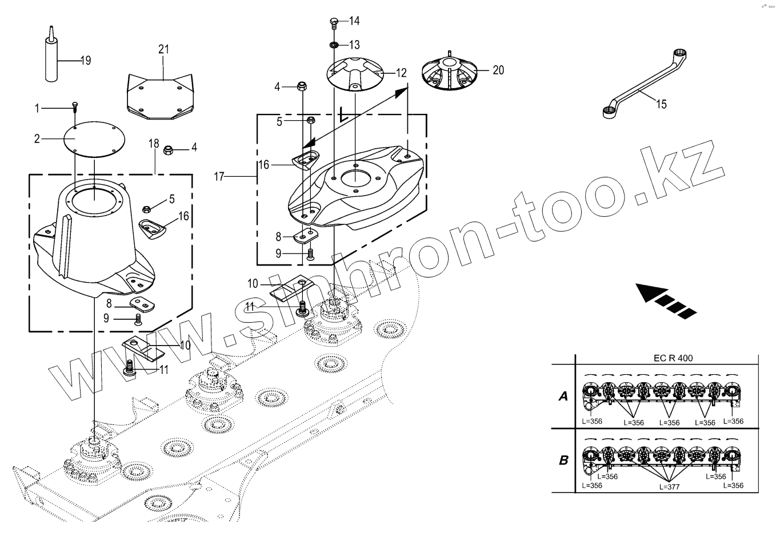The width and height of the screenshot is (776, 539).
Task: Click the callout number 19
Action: [x=85, y=60]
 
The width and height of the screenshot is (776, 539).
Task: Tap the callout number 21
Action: [x=164, y=49]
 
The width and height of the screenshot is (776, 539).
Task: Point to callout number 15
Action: [x=661, y=104]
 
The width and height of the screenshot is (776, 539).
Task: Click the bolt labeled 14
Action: [x=334, y=23]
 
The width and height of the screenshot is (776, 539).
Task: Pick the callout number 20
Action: [x=498, y=70]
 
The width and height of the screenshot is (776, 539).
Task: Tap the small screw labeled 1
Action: [x=75, y=106]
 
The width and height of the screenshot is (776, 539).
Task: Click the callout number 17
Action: [x=219, y=177]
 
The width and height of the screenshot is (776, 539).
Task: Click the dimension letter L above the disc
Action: [x=342, y=116]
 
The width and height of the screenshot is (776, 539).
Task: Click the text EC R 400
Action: [x=673, y=359]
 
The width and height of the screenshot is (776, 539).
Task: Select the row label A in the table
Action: [x=563, y=396]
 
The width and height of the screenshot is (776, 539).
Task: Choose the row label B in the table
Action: [x=563, y=460]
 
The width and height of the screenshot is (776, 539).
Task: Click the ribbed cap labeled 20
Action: [x=449, y=73]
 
